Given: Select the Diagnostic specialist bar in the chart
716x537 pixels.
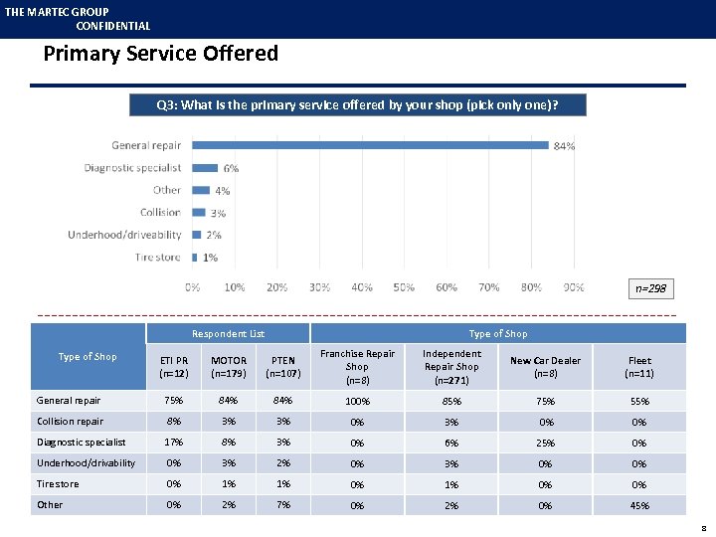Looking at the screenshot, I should (x=205, y=168).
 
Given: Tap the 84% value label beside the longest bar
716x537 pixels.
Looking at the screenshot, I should (x=564, y=146).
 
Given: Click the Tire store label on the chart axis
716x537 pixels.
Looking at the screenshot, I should (x=158, y=257).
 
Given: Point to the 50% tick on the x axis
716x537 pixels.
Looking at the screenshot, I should (x=404, y=287).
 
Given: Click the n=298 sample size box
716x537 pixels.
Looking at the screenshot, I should (x=651, y=288).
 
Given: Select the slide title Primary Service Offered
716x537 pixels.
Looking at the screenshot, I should (x=160, y=54).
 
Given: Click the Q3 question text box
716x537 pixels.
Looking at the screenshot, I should (x=358, y=104).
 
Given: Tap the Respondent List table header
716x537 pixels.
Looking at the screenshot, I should (x=229, y=334).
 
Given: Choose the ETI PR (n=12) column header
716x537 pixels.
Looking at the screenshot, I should (x=174, y=367).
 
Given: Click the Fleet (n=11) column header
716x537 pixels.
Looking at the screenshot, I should (x=639, y=367).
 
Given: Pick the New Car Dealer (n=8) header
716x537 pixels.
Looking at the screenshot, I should (x=545, y=367).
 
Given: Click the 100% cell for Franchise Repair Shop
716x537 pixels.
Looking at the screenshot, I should (x=357, y=402).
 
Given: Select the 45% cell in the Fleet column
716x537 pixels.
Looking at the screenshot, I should (x=639, y=505).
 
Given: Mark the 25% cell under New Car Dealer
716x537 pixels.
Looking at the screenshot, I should (x=545, y=443).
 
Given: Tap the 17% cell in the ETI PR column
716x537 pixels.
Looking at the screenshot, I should (x=174, y=442).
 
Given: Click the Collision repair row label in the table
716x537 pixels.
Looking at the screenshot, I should (x=70, y=422).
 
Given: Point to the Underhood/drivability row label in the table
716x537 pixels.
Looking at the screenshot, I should (x=86, y=463).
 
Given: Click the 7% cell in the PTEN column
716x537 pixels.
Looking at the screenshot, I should (x=283, y=504).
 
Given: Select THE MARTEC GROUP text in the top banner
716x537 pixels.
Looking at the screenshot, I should (x=57, y=12).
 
